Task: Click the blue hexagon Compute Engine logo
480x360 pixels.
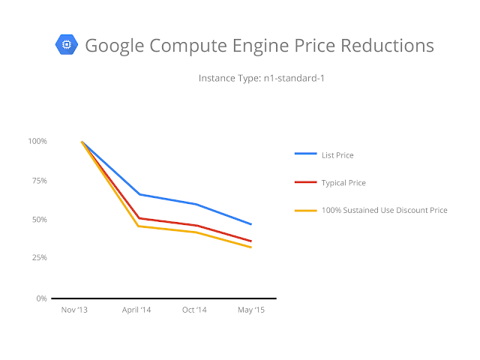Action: click(x=67, y=45)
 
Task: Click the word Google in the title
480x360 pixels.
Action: click(x=115, y=46)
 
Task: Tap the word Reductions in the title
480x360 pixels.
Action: click(x=387, y=46)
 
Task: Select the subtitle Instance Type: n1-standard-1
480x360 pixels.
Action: click(x=262, y=78)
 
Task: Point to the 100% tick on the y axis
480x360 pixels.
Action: click(x=37, y=141)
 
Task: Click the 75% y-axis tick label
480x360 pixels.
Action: click(x=40, y=181)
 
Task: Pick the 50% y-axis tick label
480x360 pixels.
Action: click(x=40, y=220)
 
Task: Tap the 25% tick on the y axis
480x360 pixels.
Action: click(x=40, y=257)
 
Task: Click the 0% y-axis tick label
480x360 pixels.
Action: click(x=42, y=298)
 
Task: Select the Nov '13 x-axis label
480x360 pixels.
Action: click(x=74, y=310)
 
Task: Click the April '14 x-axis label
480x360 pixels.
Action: click(x=136, y=310)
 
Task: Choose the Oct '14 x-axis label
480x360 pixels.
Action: click(x=194, y=310)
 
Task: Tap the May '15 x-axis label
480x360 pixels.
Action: click(x=251, y=310)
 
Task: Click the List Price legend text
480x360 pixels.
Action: click(x=337, y=155)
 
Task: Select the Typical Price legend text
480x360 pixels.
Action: click(x=343, y=183)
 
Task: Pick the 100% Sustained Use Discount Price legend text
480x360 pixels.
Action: click(x=385, y=210)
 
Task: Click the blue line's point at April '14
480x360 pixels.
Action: click(x=139, y=194)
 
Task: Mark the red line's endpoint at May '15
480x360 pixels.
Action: click(x=251, y=241)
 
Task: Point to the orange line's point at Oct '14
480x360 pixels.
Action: click(x=196, y=232)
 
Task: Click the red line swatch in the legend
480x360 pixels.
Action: click(x=305, y=182)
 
